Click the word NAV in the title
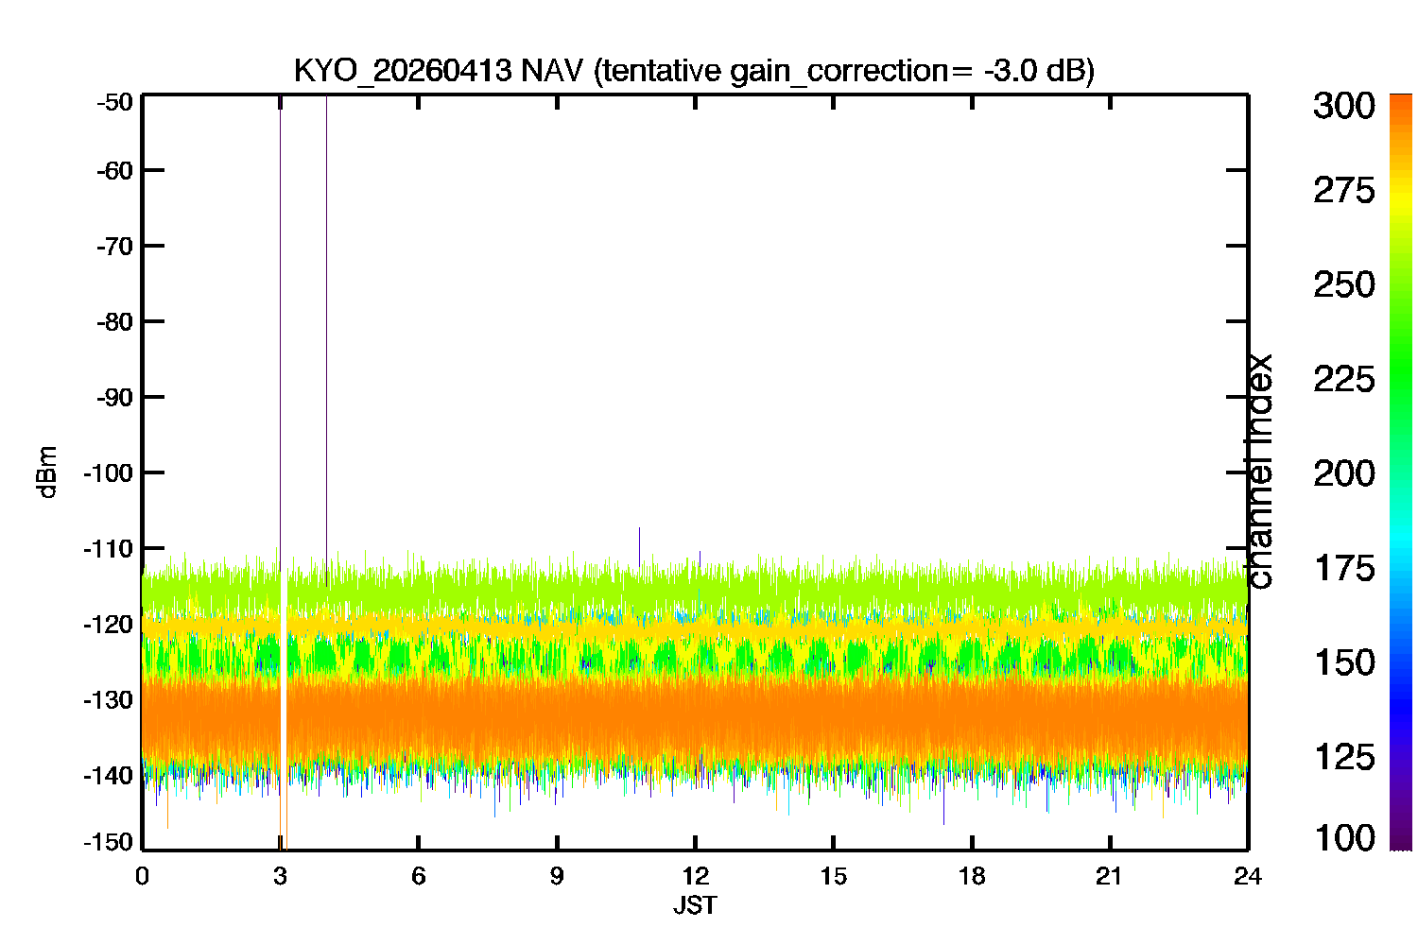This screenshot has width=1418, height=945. click(551, 70)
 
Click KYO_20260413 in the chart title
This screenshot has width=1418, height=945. click(403, 72)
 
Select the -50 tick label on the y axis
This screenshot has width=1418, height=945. click(115, 103)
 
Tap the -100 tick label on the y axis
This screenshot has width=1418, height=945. click(109, 472)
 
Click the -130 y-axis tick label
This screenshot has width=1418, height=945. click(109, 700)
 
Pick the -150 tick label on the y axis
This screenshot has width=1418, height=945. click(109, 842)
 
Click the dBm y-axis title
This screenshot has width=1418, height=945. click(47, 472)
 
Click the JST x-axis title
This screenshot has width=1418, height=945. click(695, 905)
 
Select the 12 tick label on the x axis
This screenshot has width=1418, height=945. click(695, 877)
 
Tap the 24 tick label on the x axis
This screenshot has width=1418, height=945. click(1248, 877)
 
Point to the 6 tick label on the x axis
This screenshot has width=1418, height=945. click(419, 877)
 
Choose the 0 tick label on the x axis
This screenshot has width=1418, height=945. click(143, 877)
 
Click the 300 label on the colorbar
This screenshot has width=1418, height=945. click(1344, 106)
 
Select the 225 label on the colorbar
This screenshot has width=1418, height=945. click(1344, 380)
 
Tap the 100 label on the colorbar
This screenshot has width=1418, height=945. click(1345, 838)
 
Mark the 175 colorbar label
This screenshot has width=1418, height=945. click(1345, 568)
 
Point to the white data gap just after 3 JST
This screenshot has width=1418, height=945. click(284, 709)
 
